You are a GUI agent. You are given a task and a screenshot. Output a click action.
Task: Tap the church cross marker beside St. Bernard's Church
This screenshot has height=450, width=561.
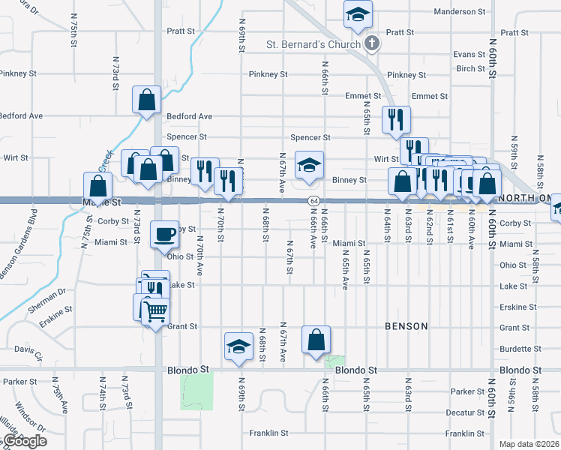pos(371,44)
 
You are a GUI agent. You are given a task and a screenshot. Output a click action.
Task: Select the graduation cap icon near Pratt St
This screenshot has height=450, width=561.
pos(358,13)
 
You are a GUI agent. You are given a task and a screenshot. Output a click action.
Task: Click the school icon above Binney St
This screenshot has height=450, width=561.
pos(307,166)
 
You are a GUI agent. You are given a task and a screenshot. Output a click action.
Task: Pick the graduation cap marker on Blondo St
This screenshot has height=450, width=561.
pos(238,346)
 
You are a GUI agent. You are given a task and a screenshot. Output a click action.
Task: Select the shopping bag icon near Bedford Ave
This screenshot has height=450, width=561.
pos(146,99)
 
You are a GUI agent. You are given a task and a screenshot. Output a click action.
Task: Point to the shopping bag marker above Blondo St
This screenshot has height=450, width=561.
pos(316,340)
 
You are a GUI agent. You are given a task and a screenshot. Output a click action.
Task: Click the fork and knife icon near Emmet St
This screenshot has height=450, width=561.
pos(395,119)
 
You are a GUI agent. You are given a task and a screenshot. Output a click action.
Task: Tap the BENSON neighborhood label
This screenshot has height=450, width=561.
pos(406,326)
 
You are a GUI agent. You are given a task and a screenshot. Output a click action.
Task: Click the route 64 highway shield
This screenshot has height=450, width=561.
pos(313,201)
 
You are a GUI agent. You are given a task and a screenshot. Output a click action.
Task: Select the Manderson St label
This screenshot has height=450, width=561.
pos(465,12)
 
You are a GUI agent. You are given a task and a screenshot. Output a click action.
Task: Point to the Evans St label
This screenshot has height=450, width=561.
pos(469,55)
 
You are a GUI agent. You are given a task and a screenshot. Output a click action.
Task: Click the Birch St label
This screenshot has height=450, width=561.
pos(470,68)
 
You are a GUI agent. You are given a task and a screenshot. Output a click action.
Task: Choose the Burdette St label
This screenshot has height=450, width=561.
pos(514,349)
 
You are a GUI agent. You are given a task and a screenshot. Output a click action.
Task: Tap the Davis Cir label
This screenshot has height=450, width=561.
pos(28,349)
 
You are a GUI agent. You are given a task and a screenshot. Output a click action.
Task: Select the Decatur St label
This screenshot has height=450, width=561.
pos(464,412)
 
